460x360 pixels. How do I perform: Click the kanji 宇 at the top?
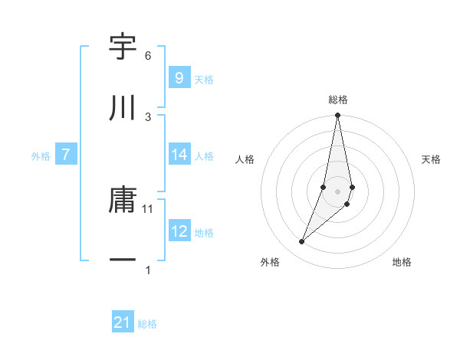pos(123,48)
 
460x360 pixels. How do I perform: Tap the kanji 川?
pos(123,108)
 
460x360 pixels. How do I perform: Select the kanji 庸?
pos(123,201)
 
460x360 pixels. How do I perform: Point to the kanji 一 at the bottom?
pos(123,261)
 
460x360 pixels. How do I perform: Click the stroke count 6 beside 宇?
pos(147,56)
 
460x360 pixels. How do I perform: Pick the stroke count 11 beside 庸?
pos(149,208)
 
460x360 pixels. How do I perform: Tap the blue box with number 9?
pos(179,77)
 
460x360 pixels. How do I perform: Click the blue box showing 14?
pos(179,155)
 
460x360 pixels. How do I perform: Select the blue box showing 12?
pos(179,231)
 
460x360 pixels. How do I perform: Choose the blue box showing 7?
pos(66,155)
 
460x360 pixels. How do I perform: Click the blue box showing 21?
pos(122,323)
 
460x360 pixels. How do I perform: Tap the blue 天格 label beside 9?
pos(204,79)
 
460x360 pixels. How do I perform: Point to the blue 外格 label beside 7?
pos(41,156)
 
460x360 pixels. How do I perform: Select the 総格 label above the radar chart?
pos(338,100)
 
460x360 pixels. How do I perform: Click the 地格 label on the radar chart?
pos(402,262)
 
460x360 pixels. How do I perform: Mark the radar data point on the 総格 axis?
pos(337,116)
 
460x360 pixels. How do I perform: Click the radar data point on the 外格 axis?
pos(301,242)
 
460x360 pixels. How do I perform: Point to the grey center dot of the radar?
pos(337,191)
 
